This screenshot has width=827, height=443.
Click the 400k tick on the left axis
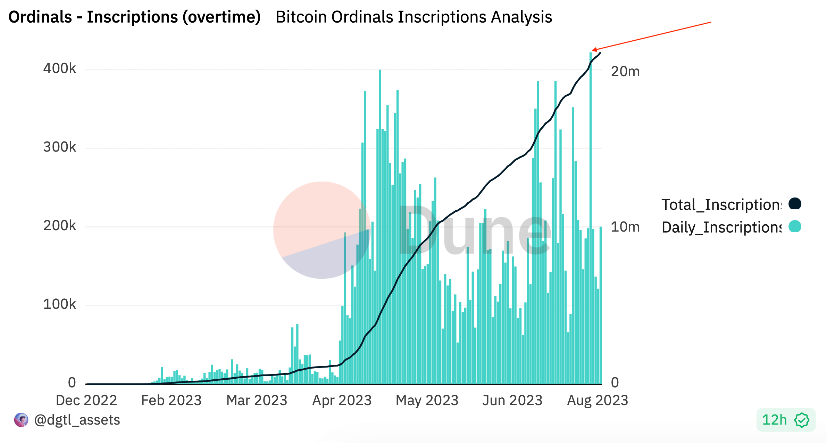click(x=59, y=69)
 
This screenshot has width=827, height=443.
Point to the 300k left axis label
click(x=59, y=147)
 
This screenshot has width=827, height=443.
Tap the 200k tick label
click(x=59, y=226)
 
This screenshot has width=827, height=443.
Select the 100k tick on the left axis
click(x=59, y=304)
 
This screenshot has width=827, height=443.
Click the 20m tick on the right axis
click(x=625, y=72)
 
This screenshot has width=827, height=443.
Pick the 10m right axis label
click(x=625, y=227)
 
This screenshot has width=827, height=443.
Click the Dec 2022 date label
click(x=86, y=400)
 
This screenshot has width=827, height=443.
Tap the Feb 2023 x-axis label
click(x=171, y=400)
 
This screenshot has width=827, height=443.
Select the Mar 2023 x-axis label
click(x=257, y=400)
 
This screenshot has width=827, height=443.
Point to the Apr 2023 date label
click(x=342, y=400)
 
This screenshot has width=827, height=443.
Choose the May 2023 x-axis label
click(x=427, y=400)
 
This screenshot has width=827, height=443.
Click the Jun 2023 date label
click(x=512, y=400)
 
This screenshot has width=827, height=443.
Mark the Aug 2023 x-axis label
click(x=598, y=400)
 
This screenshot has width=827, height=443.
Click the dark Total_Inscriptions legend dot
click(x=795, y=204)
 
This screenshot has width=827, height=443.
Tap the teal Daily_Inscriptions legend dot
click(x=795, y=226)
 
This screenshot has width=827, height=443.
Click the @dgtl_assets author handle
click(x=77, y=420)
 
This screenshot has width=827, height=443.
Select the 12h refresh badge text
click(x=774, y=420)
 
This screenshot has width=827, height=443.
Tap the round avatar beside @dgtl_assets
click(x=21, y=420)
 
